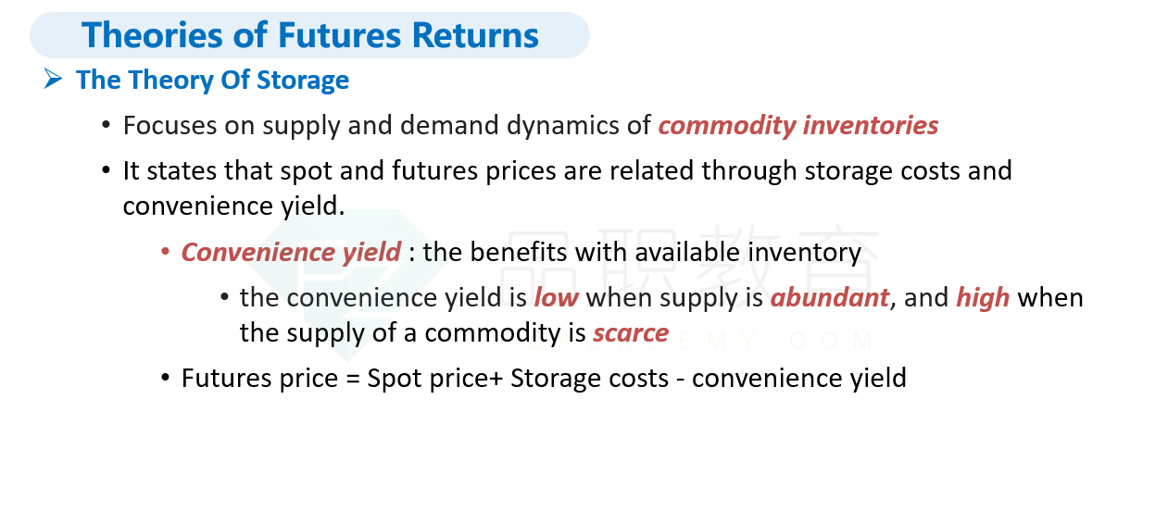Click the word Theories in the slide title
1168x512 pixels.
coord(152,35)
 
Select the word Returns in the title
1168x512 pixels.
coord(475,35)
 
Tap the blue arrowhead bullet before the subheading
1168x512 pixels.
coord(53,79)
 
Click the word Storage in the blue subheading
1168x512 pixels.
coord(303,81)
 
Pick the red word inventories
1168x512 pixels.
coord(871,125)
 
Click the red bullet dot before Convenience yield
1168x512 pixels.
coord(165,252)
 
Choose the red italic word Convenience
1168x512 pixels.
coord(257,253)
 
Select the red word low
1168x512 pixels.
coord(556,298)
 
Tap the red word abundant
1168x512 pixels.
coord(830,298)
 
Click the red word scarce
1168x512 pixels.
coord(631,333)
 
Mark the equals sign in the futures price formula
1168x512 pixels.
coord(353,379)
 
